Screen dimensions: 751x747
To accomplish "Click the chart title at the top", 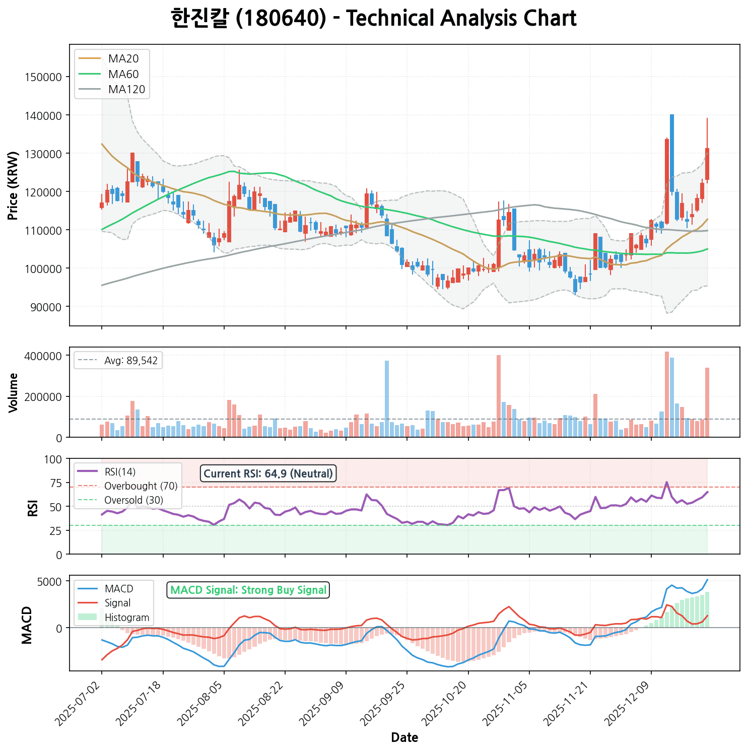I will click(373, 19).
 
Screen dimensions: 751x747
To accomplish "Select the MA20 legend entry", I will click(123, 58).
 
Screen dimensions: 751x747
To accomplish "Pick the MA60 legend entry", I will click(123, 74).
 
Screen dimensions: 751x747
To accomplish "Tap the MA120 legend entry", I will click(126, 90).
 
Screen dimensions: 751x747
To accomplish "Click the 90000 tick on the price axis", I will click(45, 307).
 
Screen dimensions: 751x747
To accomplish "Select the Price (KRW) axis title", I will click(13, 185).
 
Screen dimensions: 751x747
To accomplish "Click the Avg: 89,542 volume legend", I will click(130, 361).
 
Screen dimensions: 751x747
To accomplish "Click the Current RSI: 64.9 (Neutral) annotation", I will click(268, 473).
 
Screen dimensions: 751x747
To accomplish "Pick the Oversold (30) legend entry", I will click(133, 501).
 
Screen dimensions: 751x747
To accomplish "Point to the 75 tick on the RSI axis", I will click(56, 483).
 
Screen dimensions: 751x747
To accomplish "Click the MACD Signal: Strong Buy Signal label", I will click(248, 590).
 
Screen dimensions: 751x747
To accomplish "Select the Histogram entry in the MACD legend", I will click(126, 618).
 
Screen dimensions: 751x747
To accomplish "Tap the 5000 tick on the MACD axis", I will click(51, 581).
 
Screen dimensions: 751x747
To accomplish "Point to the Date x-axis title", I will click(404, 738).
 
